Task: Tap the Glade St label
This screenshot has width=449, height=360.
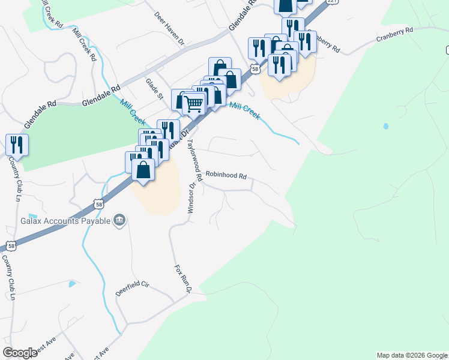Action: pyautogui.click(x=155, y=89)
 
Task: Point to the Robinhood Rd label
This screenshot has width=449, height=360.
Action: pyautogui.click(x=226, y=176)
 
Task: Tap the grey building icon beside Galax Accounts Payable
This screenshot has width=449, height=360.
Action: pyautogui.click(x=119, y=221)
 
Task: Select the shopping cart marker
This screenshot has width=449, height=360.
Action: pyautogui.click(x=194, y=103)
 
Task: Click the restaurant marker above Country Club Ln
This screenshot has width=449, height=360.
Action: pyautogui.click(x=17, y=145)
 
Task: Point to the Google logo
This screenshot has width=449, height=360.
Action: pyautogui.click(x=20, y=353)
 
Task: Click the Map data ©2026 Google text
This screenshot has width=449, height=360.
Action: pyautogui.click(x=412, y=355)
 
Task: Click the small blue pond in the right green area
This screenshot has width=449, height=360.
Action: pyautogui.click(x=385, y=127)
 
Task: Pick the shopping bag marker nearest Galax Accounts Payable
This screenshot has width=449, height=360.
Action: pyautogui.click(x=143, y=169)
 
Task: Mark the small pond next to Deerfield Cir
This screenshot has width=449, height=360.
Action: pyautogui.click(x=72, y=283)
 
